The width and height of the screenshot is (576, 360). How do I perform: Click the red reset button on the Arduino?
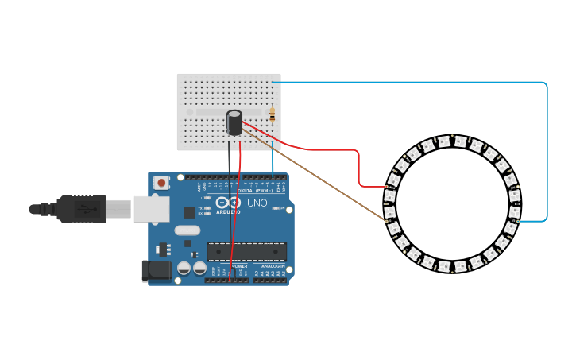point(162,183)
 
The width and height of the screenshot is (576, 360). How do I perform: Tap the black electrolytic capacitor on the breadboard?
point(234,122)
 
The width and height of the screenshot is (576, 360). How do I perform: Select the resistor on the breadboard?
point(273,115)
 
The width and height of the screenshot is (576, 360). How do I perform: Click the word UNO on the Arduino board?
point(257,203)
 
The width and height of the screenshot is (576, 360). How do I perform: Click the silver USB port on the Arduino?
point(151,209)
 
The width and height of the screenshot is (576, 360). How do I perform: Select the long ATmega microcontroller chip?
point(246,252)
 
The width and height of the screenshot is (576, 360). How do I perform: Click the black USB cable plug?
point(79,209)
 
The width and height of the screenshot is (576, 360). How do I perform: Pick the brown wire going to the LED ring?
point(318,176)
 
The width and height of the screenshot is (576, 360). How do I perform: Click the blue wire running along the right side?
point(547,151)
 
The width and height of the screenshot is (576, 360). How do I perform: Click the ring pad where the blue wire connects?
point(518,220)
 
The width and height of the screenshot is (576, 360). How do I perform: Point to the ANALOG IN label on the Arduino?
point(271,266)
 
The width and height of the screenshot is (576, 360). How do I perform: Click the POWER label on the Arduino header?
point(239,266)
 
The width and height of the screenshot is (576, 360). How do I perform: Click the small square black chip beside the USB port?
point(189,212)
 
